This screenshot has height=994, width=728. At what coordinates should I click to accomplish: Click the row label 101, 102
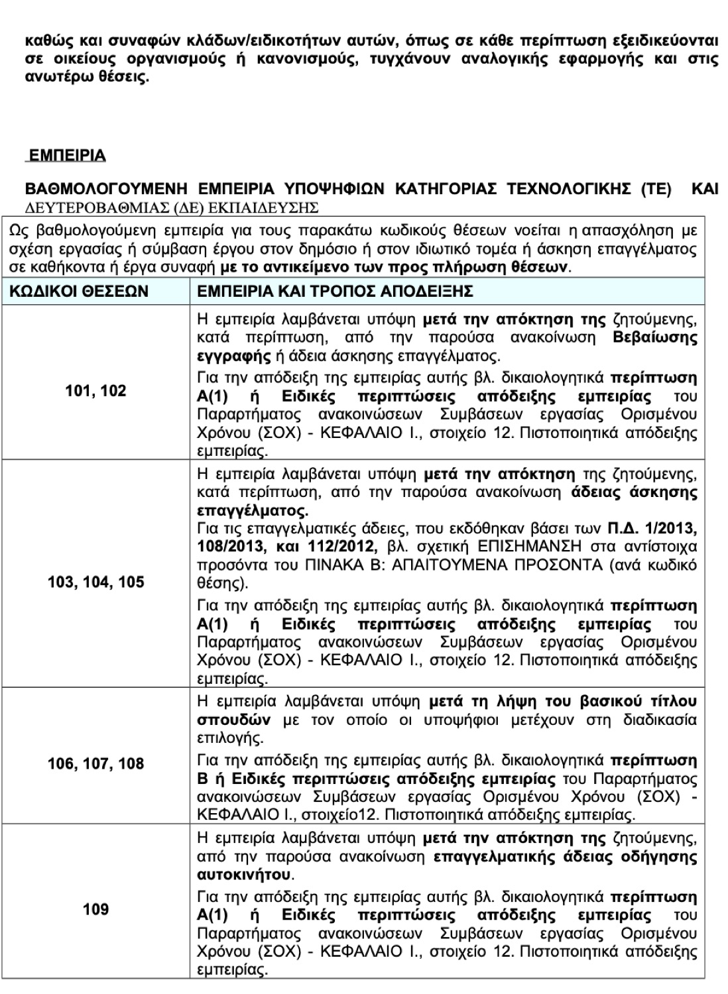(95, 391)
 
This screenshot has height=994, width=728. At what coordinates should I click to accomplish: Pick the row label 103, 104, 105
(95, 582)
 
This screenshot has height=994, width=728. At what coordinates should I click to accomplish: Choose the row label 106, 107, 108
(95, 764)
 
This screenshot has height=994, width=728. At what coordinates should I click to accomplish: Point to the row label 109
(95, 909)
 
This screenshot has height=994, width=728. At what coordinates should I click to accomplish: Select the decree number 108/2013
(229, 547)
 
